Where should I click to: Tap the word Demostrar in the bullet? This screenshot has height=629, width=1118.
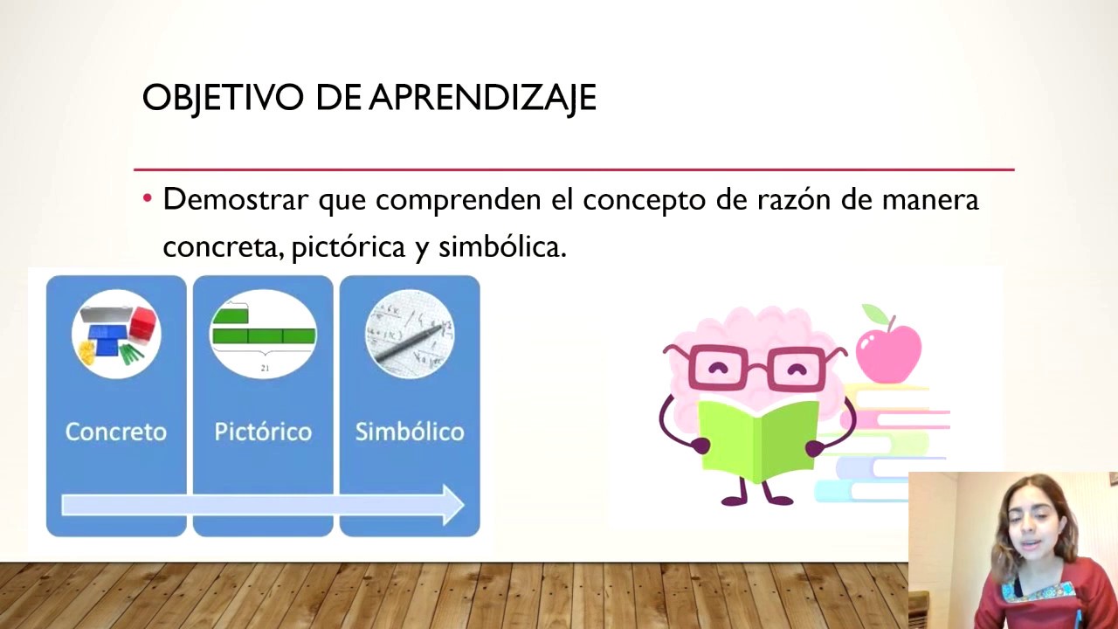click(x=236, y=200)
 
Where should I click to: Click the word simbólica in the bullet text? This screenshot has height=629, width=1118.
click(x=501, y=248)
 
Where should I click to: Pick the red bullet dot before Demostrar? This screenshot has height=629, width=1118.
click(x=148, y=199)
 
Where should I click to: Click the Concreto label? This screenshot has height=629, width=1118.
click(x=116, y=432)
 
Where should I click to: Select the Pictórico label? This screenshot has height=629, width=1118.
click(x=263, y=432)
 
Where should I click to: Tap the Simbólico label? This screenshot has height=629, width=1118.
click(x=410, y=432)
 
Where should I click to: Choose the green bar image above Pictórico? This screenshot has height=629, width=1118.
click(x=264, y=327)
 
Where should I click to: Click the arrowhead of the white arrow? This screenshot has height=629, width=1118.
click(x=452, y=505)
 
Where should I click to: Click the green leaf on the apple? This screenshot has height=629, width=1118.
click(x=874, y=314)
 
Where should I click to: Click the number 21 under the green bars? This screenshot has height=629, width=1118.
click(x=265, y=369)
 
